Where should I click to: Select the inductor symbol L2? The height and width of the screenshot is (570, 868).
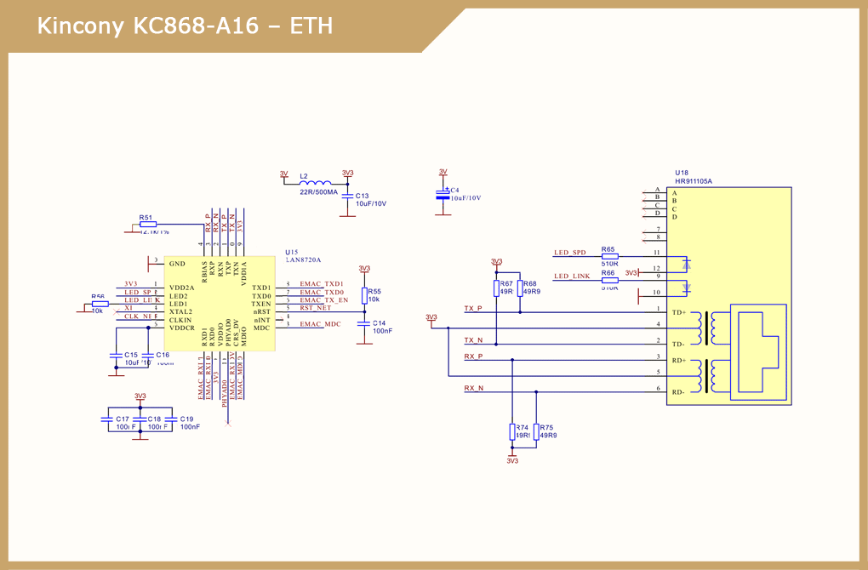pyautogui.click(x=316, y=184)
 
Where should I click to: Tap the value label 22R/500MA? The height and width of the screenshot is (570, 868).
pyautogui.click(x=318, y=192)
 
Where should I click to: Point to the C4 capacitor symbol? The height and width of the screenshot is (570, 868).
pyautogui.click(x=442, y=196)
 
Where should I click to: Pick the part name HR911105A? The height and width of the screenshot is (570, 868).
pyautogui.click(x=694, y=181)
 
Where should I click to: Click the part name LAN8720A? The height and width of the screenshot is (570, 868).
pyautogui.click(x=304, y=260)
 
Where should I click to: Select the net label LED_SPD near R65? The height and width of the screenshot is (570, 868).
pyautogui.click(x=570, y=253)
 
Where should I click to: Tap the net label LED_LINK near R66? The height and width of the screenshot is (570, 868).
pyautogui.click(x=572, y=276)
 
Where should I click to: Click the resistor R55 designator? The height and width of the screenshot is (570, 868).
pyautogui.click(x=375, y=291)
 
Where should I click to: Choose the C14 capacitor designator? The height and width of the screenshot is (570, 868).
pyautogui.click(x=380, y=323)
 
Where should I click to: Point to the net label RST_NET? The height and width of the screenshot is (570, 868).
pyautogui.click(x=316, y=308)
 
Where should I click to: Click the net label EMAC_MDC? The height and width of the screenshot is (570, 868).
pyautogui.click(x=321, y=324)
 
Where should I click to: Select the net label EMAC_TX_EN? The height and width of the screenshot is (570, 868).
pyautogui.click(x=324, y=300)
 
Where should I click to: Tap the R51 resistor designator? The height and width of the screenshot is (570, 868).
pyautogui.click(x=146, y=217)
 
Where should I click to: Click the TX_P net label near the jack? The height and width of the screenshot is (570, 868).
pyautogui.click(x=473, y=308)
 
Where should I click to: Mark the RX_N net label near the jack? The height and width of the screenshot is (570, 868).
pyautogui.click(x=474, y=388)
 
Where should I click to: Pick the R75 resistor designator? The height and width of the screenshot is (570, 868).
pyautogui.click(x=546, y=428)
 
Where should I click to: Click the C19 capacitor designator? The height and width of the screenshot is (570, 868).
pyautogui.click(x=187, y=419)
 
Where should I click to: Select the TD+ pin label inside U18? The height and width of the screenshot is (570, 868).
pyautogui.click(x=679, y=313)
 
